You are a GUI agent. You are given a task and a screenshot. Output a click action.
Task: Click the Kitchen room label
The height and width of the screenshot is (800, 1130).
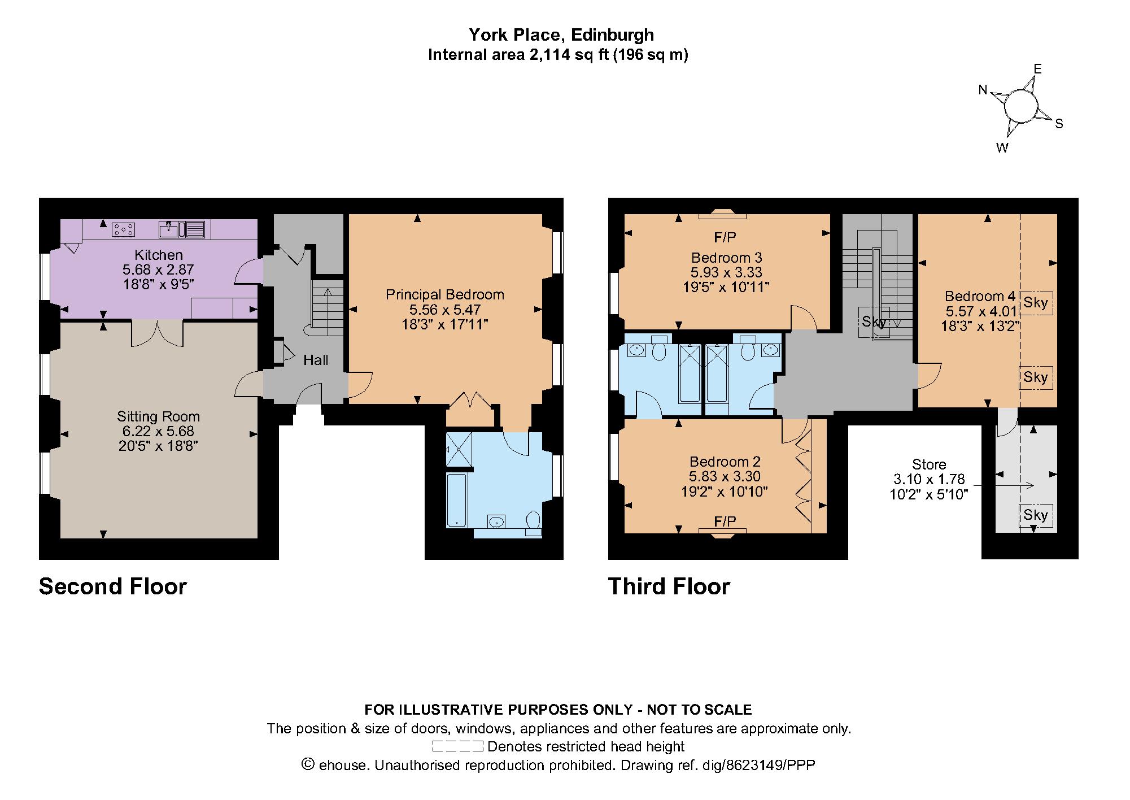tap(158, 254)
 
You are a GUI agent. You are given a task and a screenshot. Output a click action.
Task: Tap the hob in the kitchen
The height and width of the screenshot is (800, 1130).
tap(124, 229)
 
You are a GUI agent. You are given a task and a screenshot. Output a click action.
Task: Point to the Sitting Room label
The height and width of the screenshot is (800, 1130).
tap(158, 416)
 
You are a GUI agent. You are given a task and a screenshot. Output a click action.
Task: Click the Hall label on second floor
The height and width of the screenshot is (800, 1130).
tap(316, 360)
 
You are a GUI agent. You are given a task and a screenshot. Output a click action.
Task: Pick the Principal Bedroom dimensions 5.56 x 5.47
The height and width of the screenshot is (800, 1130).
tap(445, 309)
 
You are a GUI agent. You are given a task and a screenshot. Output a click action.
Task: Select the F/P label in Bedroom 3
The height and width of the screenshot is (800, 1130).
tap(725, 237)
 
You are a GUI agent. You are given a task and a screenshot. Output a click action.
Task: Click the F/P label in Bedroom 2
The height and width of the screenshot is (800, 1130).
tap(725, 521)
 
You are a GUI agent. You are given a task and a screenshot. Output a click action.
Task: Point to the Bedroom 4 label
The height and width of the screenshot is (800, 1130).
tap(980, 296)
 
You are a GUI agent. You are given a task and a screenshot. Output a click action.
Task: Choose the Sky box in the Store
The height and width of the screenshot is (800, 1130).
tap(1036, 515)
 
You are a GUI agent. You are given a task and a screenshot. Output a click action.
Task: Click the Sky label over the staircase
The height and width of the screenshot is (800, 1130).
tap(874, 322)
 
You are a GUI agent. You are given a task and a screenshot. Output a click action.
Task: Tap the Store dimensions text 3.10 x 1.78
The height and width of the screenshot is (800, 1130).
tap(929, 479)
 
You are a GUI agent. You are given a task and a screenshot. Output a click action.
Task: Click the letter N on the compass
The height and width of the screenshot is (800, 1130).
tap(983, 90)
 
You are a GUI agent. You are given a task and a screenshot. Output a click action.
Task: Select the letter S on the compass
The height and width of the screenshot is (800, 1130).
tap(1059, 124)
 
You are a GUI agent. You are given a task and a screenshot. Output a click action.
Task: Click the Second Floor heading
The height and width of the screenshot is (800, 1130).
tap(113, 586)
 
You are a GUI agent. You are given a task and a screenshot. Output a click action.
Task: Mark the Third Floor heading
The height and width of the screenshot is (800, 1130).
tap(669, 586)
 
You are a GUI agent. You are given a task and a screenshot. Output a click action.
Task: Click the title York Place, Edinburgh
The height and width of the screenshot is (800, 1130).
tap(561, 35)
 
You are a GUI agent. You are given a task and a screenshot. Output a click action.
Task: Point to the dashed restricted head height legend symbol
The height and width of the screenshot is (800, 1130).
tap(457, 746)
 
